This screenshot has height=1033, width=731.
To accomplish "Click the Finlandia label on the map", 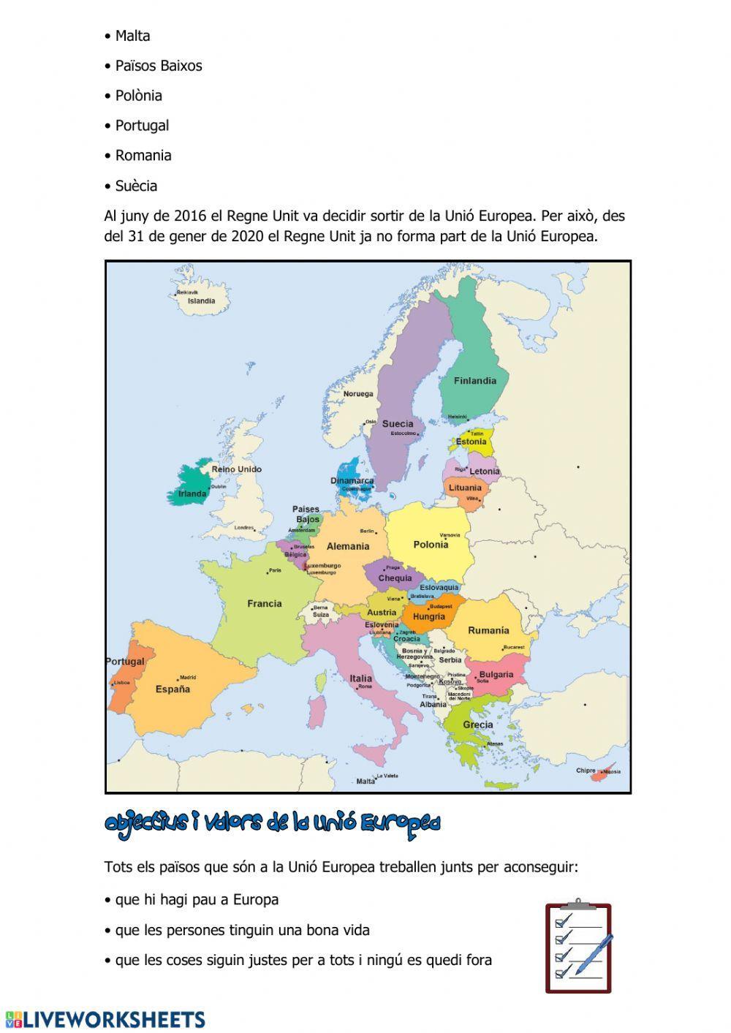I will [x=474, y=381].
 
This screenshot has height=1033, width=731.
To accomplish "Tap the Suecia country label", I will [x=398, y=424].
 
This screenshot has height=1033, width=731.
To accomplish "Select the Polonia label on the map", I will [x=431, y=545].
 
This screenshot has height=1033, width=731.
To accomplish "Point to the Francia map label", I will [x=265, y=604].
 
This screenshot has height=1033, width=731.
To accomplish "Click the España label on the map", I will [x=173, y=689].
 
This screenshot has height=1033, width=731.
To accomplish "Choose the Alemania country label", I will [x=348, y=547].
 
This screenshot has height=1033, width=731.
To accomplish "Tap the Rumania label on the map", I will [x=488, y=631].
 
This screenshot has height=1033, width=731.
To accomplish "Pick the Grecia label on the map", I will [x=478, y=725].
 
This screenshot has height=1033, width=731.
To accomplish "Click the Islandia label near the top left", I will [x=202, y=301].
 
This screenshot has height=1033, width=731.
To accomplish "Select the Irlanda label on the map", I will [x=193, y=493].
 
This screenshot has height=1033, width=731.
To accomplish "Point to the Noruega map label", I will [x=358, y=394].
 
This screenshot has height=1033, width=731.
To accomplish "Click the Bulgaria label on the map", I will [x=496, y=675].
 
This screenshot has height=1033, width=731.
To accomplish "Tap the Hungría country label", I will [x=429, y=617].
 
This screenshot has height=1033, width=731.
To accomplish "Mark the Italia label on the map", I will [x=360, y=678].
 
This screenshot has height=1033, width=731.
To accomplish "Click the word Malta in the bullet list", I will [x=132, y=36].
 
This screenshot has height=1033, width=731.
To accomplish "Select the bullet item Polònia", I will [x=138, y=96].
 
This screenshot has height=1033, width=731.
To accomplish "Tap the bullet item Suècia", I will [x=136, y=186].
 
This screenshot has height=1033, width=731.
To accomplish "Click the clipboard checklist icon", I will [x=578, y=947].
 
